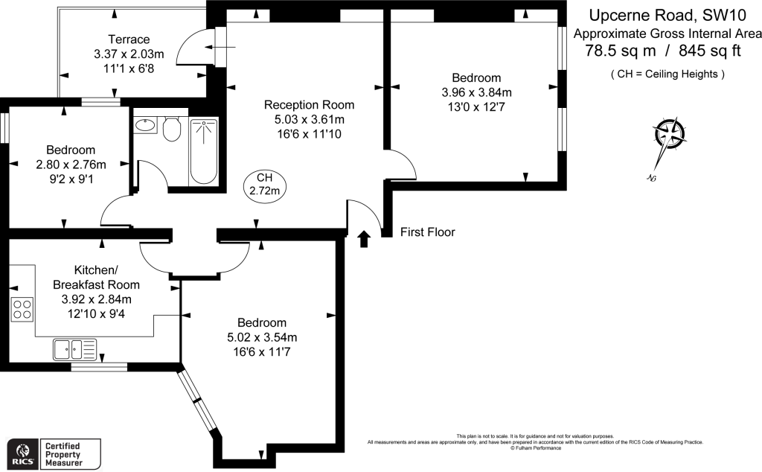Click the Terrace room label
point(129,39)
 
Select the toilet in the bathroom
point(172,129)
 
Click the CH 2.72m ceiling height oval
point(265,184)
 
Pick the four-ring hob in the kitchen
point(22,308)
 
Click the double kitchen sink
point(75,348)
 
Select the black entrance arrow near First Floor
point(364,238)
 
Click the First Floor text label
point(427,232)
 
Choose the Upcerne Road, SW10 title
point(662,15)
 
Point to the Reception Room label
point(309,104)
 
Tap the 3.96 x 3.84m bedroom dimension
point(476,92)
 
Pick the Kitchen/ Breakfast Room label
point(96,277)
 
